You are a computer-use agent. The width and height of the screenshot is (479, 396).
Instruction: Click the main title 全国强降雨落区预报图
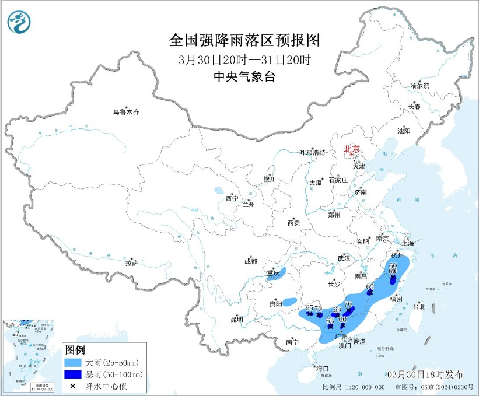244,40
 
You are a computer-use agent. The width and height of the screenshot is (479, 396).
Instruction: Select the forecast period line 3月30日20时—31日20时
244,59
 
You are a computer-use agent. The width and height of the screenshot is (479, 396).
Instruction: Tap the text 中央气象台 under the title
244,76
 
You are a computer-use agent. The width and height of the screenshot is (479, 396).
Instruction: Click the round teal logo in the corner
19,22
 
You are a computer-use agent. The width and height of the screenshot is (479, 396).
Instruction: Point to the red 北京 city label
352,149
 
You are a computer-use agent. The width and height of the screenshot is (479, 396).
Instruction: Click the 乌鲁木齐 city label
127,112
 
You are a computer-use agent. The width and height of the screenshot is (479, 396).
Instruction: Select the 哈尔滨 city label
419,86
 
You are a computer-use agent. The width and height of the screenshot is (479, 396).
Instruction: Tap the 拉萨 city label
131,263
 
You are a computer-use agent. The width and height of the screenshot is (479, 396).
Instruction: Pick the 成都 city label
251,262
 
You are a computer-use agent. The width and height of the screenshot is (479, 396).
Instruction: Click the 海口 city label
323,368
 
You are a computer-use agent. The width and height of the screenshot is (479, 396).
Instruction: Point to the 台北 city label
419,306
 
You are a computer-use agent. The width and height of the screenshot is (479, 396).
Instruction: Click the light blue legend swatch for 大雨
73,362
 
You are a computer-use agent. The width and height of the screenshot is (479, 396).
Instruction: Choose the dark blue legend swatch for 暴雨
73,374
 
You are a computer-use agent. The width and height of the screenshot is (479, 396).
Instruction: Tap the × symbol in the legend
73,386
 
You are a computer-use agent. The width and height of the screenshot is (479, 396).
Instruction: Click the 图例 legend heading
75,350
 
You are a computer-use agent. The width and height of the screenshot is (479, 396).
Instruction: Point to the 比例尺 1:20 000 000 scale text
353,387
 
